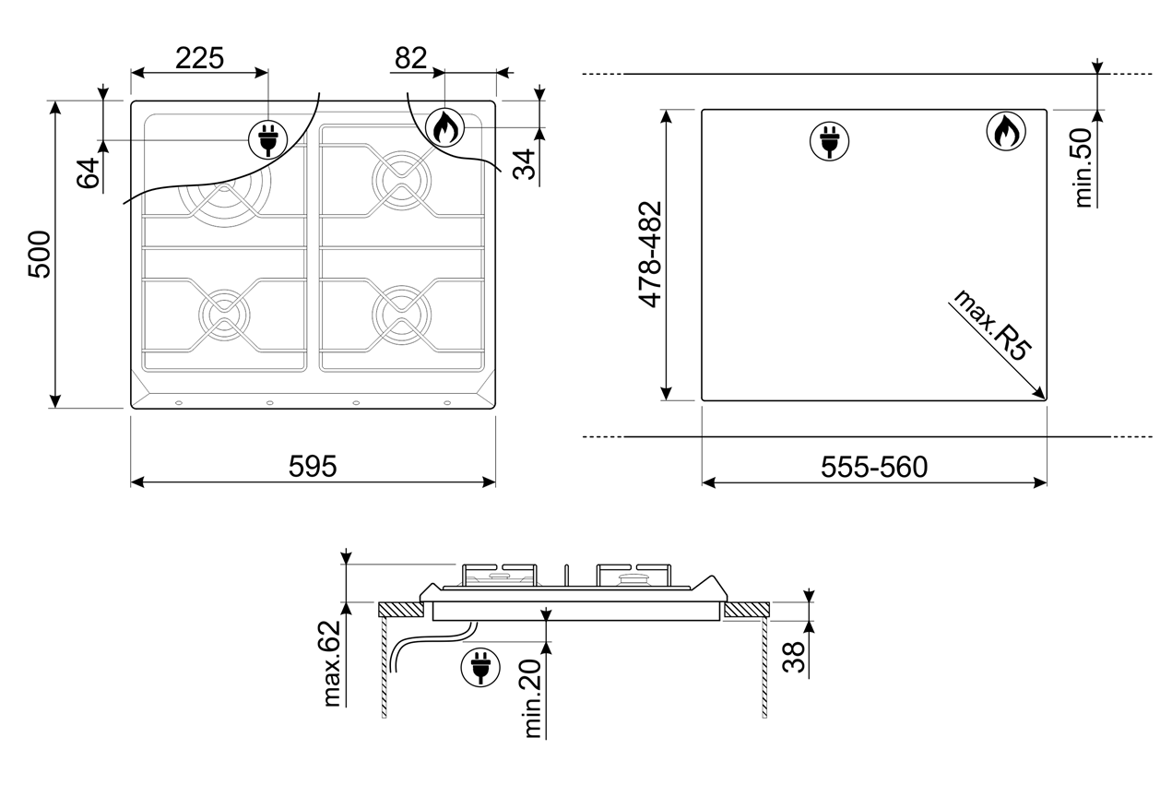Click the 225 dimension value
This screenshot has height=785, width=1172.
(199, 58)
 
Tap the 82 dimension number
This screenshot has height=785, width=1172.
(410, 58)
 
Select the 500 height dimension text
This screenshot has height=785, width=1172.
(40, 255)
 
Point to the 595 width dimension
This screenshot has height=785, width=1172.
(313, 466)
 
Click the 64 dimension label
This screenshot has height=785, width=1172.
(88, 172)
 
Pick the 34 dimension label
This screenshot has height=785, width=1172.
(525, 164)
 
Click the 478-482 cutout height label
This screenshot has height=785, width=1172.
(650, 255)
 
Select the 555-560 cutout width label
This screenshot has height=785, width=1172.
(874, 467)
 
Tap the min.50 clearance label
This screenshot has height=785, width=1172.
(1083, 168)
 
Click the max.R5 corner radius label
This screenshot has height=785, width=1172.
(991, 325)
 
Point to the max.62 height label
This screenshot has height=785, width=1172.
(332, 663)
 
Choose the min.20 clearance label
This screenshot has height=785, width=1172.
(532, 698)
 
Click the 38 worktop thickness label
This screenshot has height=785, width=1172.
(794, 657)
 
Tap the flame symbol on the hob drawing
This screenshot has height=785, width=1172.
(444, 127)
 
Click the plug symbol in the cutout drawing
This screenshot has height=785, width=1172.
(829, 141)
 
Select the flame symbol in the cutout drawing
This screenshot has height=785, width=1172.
(1006, 131)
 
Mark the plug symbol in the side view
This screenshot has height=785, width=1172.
(480, 667)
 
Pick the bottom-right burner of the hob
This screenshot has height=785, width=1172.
(402, 315)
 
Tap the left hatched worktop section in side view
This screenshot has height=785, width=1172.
(401, 609)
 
